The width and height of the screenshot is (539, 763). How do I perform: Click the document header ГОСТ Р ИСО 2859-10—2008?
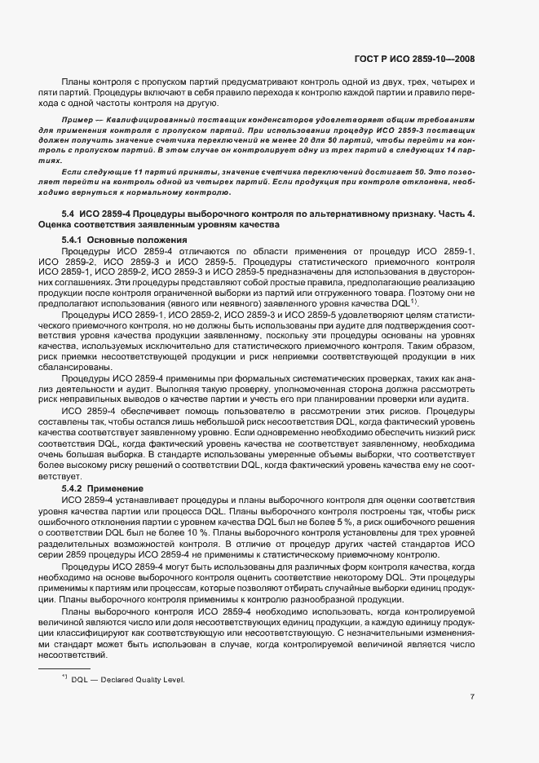[x=426, y=59]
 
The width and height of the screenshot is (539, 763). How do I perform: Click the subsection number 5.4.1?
[x=72, y=240]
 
